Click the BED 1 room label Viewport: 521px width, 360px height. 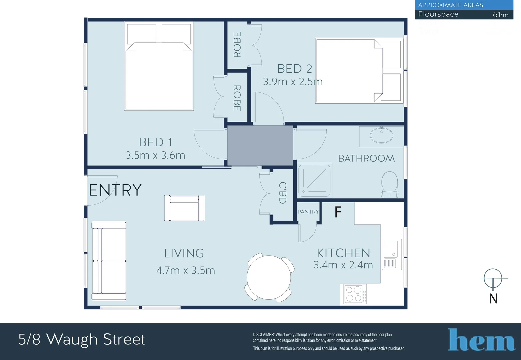156,142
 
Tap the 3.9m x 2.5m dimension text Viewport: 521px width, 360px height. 293,82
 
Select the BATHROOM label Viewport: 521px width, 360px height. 366,158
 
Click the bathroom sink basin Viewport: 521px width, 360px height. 381,135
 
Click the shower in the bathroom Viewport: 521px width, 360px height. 314,180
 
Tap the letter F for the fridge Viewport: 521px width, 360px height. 338,212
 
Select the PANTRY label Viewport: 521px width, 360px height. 308,212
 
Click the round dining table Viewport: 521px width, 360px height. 269,277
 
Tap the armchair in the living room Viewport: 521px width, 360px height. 184,208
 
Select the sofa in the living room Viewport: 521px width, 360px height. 109,261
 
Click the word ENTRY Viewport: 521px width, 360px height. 115,190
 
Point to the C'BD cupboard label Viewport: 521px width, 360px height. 282,193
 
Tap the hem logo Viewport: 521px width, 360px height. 481,340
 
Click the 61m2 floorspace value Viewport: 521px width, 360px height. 501,15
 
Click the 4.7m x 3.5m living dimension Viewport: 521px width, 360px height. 186,270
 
